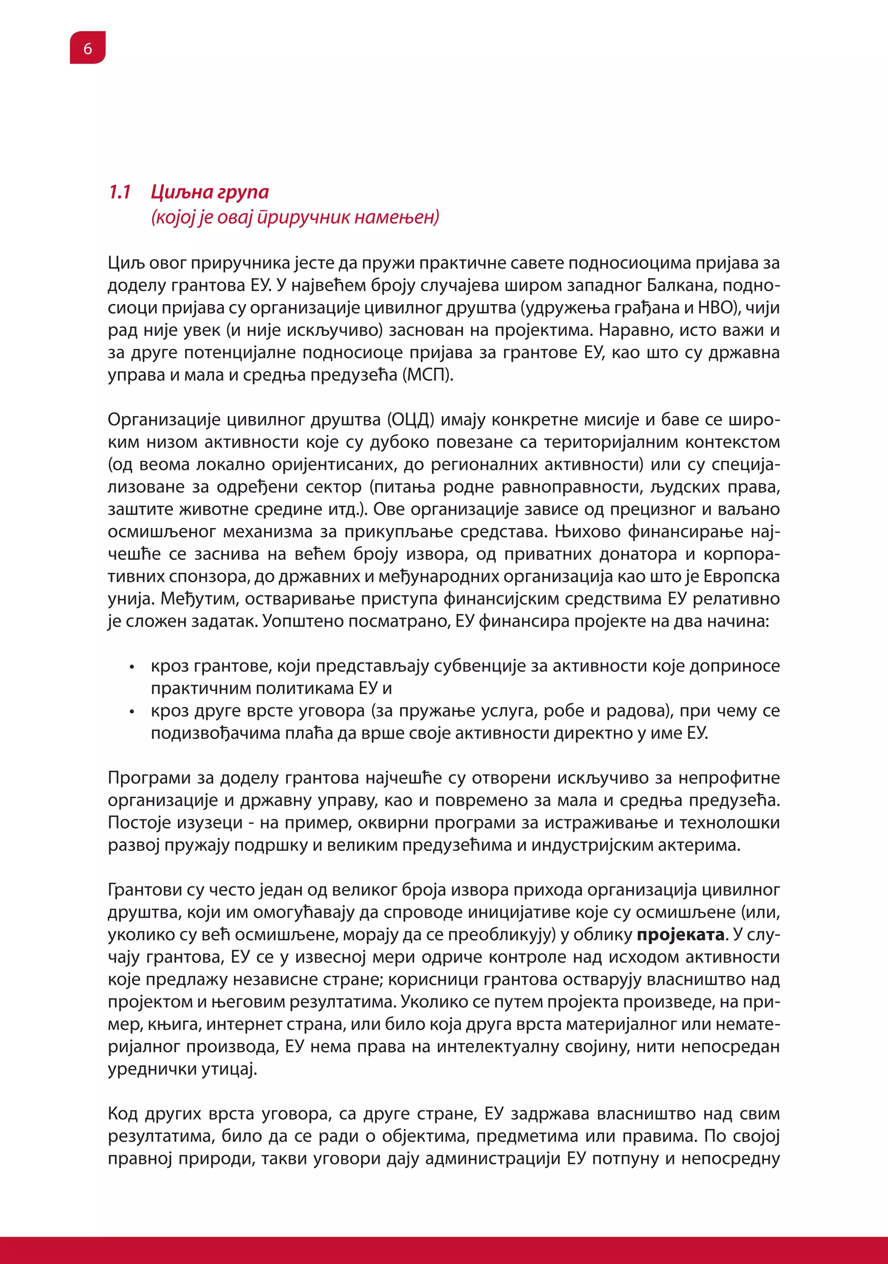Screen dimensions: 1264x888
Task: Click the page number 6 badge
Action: click(88, 49)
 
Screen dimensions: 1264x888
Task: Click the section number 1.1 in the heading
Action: click(120, 192)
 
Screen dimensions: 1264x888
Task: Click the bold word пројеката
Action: click(680, 935)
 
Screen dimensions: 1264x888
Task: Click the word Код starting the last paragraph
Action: click(122, 1114)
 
